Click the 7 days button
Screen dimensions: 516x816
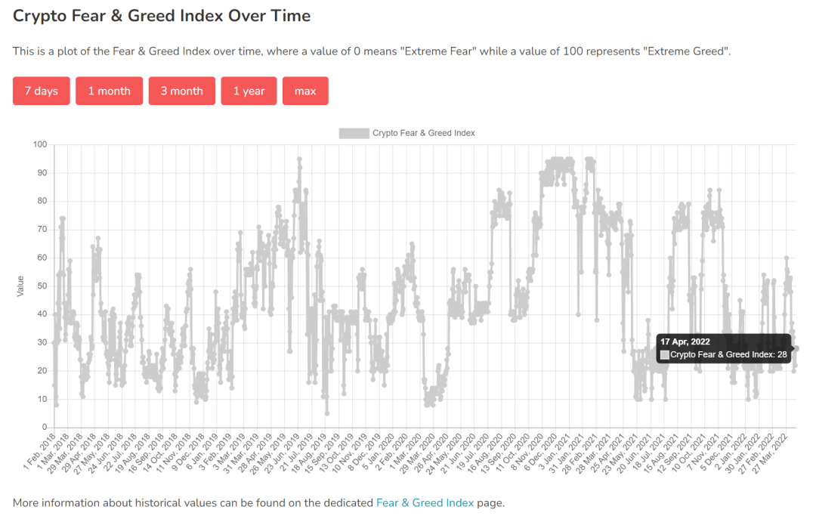(41, 91)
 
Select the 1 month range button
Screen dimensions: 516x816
(109, 91)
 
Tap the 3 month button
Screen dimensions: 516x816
(181, 91)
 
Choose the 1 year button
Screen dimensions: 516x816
(249, 91)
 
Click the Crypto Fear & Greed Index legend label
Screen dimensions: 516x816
(423, 133)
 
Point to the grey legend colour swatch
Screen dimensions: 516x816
(353, 133)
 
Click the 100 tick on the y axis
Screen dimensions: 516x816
(39, 144)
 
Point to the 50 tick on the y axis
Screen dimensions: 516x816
(42, 286)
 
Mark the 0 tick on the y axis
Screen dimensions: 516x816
(44, 428)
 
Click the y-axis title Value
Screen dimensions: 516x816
(20, 286)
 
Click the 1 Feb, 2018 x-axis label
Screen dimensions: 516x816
(39, 453)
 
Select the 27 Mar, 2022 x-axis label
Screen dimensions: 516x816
(770, 453)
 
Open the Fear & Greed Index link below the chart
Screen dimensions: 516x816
(425, 502)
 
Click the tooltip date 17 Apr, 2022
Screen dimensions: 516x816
(685, 341)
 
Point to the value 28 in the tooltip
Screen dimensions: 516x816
(782, 354)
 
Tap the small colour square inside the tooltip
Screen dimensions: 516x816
(665, 354)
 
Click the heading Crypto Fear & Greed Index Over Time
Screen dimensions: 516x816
(162, 16)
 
